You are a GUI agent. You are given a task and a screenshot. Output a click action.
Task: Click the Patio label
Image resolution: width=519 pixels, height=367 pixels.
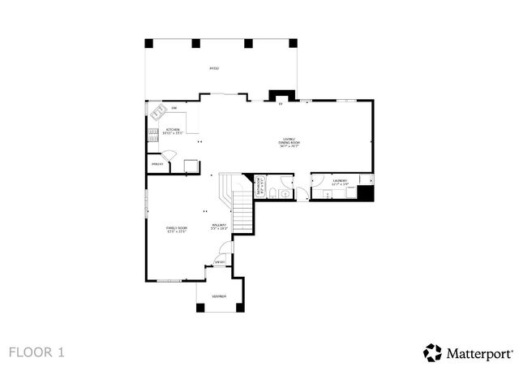coord(214,68)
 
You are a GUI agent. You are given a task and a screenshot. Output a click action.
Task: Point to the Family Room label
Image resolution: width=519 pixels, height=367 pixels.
coord(177,229)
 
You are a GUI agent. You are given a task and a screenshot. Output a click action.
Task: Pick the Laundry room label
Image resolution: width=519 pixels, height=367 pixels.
coord(341,182)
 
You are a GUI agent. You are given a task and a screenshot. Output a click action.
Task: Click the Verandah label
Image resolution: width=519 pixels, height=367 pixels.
coord(219,297)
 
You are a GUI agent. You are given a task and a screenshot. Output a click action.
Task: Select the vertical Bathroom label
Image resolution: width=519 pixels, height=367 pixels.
coord(260,186)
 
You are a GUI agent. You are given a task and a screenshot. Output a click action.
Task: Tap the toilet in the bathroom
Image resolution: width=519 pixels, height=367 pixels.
coord(275,192)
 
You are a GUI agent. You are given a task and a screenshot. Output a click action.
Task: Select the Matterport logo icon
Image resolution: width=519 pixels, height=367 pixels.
coord(431,352)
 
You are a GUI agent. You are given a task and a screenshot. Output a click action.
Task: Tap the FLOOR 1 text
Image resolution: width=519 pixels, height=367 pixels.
coord(36,352)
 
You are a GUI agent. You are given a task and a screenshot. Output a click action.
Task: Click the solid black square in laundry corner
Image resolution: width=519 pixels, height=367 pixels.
coord(367,194)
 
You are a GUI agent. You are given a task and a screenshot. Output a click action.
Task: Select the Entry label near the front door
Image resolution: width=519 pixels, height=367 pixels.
coord(219,261)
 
